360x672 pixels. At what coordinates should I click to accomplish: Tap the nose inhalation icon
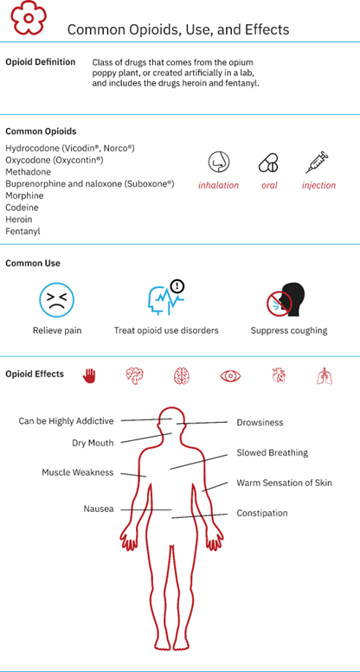tap(218, 162)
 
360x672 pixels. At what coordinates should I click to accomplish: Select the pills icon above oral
tap(268, 163)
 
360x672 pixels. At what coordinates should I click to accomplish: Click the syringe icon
tap(317, 162)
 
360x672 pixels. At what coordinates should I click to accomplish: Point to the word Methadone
tap(28, 172)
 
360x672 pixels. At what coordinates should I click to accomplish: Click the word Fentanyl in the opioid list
tap(22, 232)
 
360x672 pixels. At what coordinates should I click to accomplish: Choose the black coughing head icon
tap(285, 300)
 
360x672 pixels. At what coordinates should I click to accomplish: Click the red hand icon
tap(88, 376)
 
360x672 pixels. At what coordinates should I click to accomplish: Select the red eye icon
tap(230, 376)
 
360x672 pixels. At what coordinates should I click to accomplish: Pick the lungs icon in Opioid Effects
tap(324, 376)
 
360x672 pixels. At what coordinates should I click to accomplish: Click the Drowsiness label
tap(260, 423)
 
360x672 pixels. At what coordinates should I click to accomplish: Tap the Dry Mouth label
tap(93, 443)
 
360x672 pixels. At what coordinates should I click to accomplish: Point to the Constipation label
tap(262, 513)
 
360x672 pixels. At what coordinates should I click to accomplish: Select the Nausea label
tap(99, 509)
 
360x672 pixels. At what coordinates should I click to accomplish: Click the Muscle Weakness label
tap(78, 473)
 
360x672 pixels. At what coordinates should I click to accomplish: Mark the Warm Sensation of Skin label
tap(285, 483)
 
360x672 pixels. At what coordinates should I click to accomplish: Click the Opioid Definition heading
tap(41, 61)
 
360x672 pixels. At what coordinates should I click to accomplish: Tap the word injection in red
tap(318, 185)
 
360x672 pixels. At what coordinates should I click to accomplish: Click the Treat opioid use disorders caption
tap(166, 331)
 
